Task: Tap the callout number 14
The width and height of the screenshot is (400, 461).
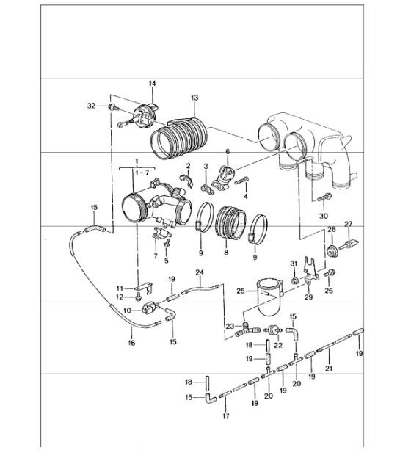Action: click(x=153, y=84)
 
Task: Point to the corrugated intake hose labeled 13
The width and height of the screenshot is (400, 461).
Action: click(x=180, y=135)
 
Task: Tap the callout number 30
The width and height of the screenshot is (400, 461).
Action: click(x=323, y=216)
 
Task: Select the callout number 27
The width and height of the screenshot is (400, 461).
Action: click(x=348, y=225)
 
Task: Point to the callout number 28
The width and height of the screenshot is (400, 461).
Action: click(x=331, y=230)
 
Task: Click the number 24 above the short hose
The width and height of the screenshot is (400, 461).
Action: click(x=198, y=272)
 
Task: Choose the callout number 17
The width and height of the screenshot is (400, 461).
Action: click(x=226, y=416)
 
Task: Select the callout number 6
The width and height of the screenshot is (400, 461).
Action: click(x=228, y=151)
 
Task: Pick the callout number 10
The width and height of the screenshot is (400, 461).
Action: click(x=126, y=311)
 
